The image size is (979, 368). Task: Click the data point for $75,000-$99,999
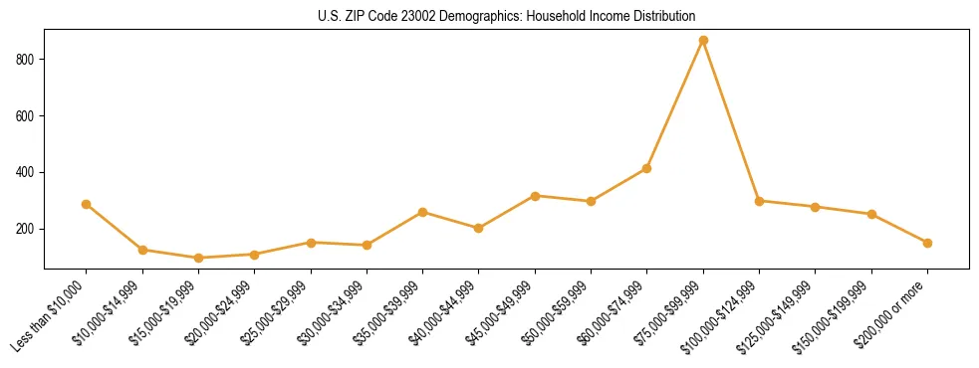703,41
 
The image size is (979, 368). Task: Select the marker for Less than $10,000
87,204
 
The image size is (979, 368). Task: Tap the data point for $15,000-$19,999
198,258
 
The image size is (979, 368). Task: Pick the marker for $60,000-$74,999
647,168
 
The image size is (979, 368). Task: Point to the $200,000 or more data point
927,243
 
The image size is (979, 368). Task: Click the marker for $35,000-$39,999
423,212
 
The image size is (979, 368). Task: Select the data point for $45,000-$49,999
535,196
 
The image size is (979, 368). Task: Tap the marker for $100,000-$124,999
759,201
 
